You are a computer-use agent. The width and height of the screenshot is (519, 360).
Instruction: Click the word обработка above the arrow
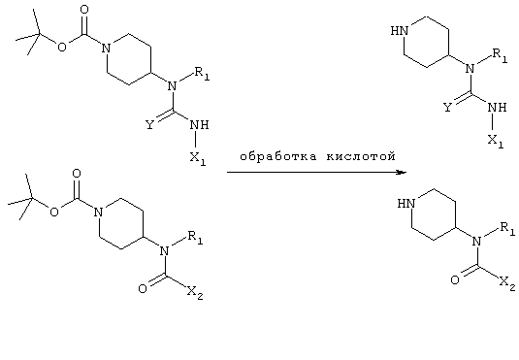[x=278, y=155]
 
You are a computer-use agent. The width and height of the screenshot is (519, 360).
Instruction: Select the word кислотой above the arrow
[x=361, y=155]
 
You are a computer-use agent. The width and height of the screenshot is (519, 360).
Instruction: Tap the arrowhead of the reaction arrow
[x=402, y=172]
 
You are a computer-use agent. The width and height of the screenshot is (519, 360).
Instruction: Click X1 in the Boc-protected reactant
[x=198, y=159]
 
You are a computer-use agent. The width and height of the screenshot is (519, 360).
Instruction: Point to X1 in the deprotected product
[x=496, y=142]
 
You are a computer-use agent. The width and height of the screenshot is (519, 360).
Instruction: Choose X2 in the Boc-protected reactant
[x=195, y=293]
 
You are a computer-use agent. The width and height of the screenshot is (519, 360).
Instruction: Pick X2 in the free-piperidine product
[x=507, y=284]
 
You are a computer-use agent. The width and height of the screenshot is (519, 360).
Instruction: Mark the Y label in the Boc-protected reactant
[x=150, y=125]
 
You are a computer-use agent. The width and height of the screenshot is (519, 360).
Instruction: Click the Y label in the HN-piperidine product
[x=447, y=108]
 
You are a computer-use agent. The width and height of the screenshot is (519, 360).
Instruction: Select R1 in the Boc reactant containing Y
[x=202, y=74]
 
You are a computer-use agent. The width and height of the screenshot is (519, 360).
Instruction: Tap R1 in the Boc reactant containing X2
[x=195, y=238]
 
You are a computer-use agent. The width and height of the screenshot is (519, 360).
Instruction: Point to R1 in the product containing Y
[x=500, y=55]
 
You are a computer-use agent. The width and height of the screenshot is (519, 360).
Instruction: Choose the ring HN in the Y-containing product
[x=400, y=31]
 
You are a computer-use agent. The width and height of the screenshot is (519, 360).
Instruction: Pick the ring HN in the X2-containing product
[x=406, y=204]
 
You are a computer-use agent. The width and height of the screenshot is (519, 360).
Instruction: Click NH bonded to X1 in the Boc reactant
[x=200, y=125]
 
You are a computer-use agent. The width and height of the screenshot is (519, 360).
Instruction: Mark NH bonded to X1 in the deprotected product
[x=497, y=108]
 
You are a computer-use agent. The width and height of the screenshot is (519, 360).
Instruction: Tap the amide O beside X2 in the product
[x=455, y=280]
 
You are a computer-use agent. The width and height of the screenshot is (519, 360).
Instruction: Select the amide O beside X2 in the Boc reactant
[x=143, y=289]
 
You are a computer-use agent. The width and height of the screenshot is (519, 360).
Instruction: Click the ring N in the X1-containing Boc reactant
[x=106, y=49]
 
